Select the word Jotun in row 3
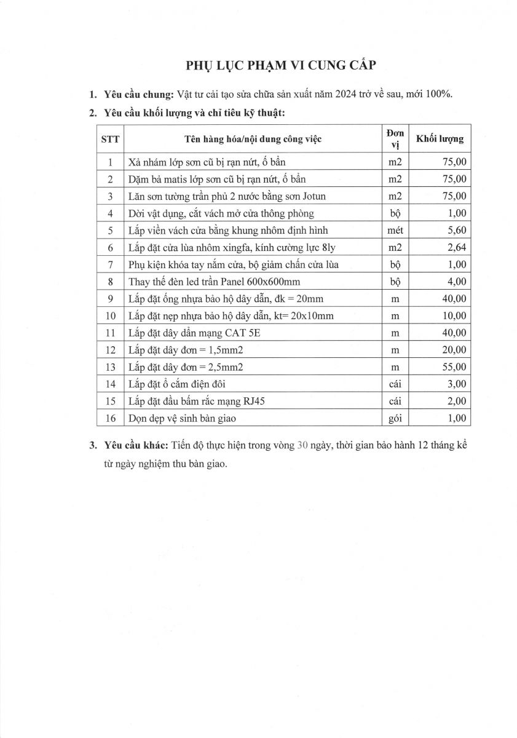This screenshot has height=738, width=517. click(x=313, y=196)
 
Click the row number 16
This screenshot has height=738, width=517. click(x=110, y=418)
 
